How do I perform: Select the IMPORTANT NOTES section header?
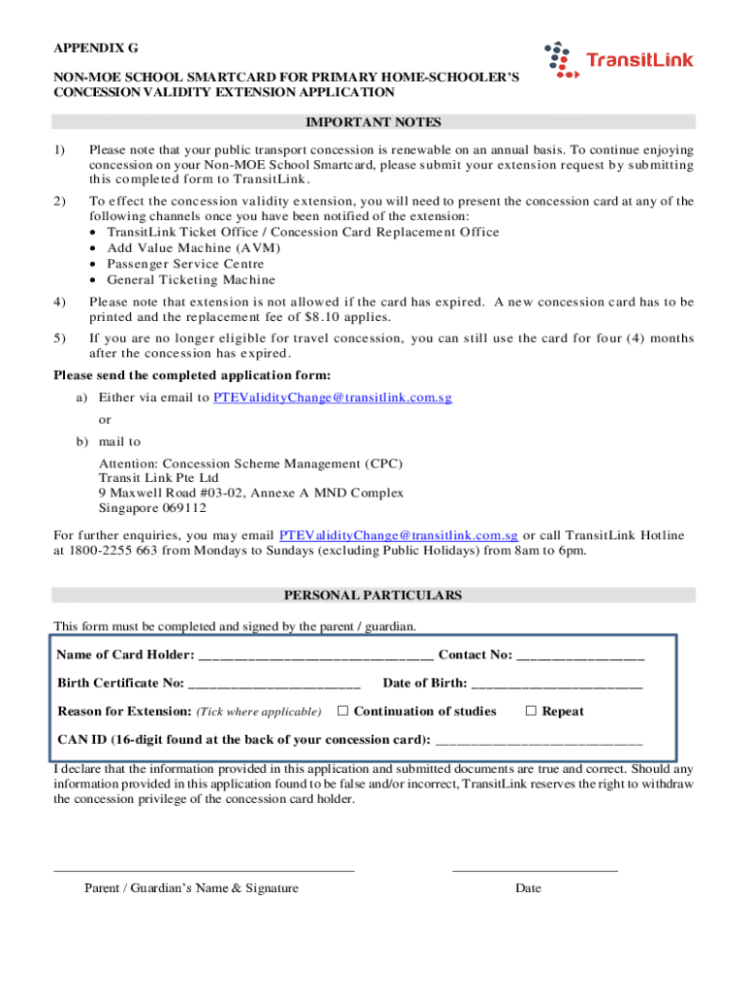[373, 122]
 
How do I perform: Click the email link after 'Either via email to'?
[332, 398]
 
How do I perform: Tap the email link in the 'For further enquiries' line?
[398, 535]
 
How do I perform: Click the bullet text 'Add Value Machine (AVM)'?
[193, 248]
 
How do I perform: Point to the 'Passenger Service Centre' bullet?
[185, 264]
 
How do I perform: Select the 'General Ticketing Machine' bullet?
[191, 280]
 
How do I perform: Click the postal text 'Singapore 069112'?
[152, 508]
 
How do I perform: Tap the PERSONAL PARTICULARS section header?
[373, 595]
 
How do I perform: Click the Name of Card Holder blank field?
[316, 657]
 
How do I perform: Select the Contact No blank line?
[580, 657]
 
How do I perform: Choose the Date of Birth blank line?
[556, 685]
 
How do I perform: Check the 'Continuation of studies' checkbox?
[342, 712]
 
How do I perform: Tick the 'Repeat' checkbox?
[531, 712]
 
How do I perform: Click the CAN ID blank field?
[538, 741]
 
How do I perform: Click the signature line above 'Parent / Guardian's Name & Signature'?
[204, 870]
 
